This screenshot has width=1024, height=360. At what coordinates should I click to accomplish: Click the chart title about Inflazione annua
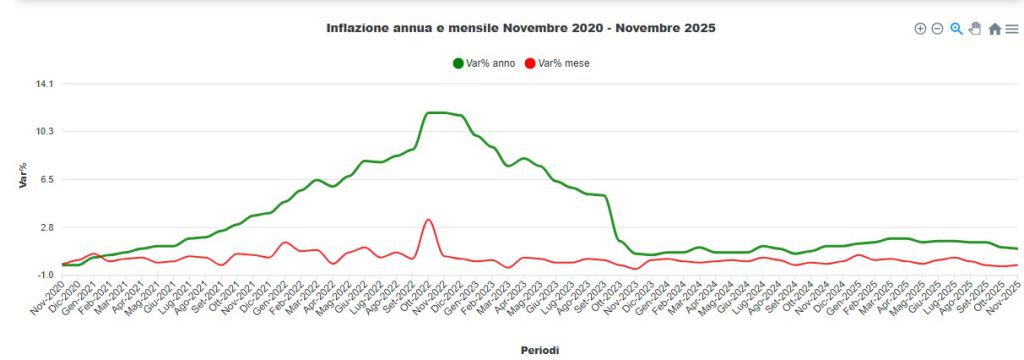pyautogui.click(x=520, y=28)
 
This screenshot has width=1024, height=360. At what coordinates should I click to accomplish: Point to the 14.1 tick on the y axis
pyautogui.click(x=44, y=84)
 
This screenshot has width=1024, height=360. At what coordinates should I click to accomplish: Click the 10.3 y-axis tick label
pyautogui.click(x=44, y=132)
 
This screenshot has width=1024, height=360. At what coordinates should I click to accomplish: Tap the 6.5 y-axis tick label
pyautogui.click(x=46, y=180)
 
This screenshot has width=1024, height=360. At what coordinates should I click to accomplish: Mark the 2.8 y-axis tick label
pyautogui.click(x=46, y=228)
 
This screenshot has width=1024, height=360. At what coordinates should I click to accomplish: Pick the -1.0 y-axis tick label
pyautogui.click(x=44, y=275)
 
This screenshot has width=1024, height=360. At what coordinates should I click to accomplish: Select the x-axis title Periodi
pyautogui.click(x=540, y=350)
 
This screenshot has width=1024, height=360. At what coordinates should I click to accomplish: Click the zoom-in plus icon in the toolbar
pyautogui.click(x=920, y=29)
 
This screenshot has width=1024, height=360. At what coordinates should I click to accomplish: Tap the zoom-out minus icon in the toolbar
pyautogui.click(x=937, y=29)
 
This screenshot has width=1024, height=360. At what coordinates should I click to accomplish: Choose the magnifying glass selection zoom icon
pyautogui.click(x=956, y=29)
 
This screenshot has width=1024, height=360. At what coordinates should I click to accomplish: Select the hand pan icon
pyautogui.click(x=975, y=29)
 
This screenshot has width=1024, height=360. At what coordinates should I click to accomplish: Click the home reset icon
pyautogui.click(x=994, y=29)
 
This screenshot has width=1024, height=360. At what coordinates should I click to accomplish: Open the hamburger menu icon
pyautogui.click(x=1011, y=29)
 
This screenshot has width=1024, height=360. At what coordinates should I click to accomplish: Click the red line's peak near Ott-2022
pyautogui.click(x=428, y=219)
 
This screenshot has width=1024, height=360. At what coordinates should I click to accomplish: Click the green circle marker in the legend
pyautogui.click(x=458, y=63)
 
